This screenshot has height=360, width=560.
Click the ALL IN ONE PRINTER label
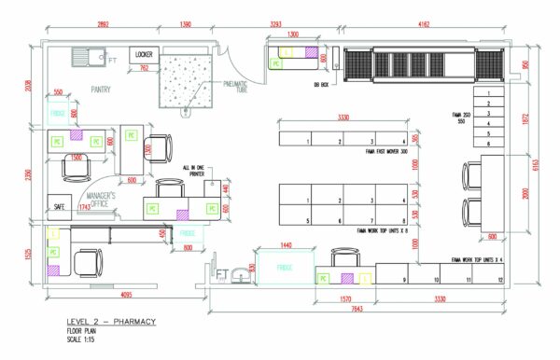[195, 171]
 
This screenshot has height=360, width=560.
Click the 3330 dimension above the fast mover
[343, 118]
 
